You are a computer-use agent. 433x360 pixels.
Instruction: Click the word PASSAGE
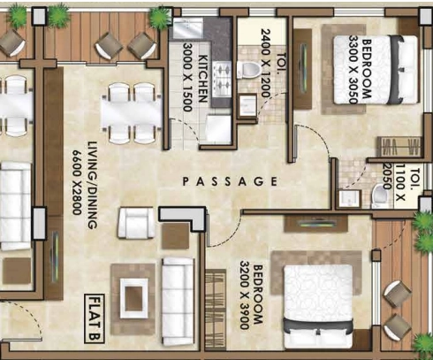coord(230,181)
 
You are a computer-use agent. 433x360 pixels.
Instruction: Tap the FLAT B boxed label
coord(95,318)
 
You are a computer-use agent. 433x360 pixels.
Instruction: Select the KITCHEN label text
coord(204,78)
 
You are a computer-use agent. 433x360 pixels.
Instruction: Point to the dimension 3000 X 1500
coord(187,77)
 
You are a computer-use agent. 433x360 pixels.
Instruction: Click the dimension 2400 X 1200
coord(265,63)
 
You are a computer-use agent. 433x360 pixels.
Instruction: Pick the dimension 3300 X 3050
coord(353,70)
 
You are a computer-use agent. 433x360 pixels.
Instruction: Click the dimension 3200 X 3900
coord(245,295)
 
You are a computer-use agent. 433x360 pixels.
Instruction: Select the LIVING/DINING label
coord(93,185)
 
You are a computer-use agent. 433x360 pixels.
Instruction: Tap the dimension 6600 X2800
coord(77,183)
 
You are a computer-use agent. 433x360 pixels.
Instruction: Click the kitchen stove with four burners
coord(222,79)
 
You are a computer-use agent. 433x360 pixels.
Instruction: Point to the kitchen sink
coord(188,28)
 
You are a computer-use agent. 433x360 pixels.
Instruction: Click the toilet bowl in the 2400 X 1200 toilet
coord(248,70)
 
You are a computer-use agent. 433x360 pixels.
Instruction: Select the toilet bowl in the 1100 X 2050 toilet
coord(380,196)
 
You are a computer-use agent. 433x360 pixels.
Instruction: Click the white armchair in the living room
coord(136,223)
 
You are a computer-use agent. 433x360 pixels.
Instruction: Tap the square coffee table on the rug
coord(134,298)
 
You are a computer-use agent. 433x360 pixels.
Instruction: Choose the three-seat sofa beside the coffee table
coord(179,302)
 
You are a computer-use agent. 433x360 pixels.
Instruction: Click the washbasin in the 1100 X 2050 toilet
coord(350,198)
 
